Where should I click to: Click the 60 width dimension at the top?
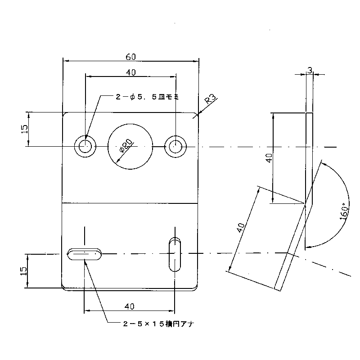point(130,57)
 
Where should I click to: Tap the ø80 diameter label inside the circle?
point(126,146)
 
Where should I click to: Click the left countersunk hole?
point(85,146)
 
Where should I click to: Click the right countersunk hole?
point(175,146)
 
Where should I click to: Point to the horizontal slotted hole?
point(84,254)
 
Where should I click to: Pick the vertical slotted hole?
point(175,254)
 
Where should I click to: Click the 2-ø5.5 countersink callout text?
point(147,97)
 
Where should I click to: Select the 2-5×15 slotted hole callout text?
point(159,324)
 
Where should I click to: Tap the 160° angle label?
point(344,211)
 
